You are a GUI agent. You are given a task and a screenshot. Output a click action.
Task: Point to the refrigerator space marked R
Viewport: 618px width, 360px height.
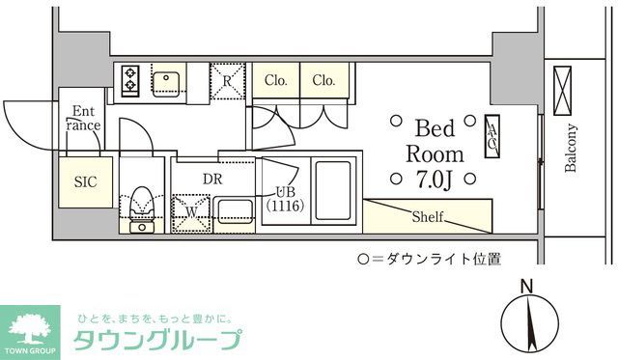[x=227, y=80]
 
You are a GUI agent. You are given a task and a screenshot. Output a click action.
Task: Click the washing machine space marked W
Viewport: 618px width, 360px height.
[x=191, y=210]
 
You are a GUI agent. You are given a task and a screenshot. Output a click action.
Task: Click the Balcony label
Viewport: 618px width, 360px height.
[x=571, y=150]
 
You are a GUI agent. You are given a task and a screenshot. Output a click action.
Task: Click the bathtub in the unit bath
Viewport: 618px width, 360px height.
[x=332, y=189]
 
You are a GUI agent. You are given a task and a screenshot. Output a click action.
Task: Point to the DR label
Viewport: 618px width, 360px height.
[x=213, y=177]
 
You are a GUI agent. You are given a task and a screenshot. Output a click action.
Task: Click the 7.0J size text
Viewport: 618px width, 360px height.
[x=435, y=178]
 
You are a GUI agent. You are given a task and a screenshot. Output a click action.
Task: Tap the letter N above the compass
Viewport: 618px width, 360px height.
[x=526, y=286]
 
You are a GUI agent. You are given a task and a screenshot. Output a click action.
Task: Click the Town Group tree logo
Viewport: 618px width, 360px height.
[x=34, y=326]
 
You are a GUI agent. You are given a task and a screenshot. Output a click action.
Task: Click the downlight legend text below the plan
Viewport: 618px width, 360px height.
[x=430, y=259]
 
